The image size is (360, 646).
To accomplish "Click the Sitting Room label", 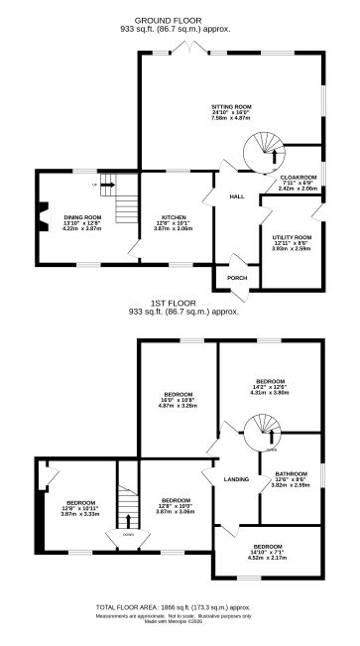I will [231, 105].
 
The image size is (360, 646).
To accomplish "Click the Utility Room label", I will [292, 237].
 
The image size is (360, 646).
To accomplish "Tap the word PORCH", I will [237, 278].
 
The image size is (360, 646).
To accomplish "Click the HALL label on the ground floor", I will [237, 196].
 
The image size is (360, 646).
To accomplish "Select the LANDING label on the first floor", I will [236, 479].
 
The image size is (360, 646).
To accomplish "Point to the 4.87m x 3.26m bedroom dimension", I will [180, 406].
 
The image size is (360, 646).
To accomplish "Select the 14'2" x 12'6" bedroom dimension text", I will [270, 387].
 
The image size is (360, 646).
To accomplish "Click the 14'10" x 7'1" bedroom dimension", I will [266, 553].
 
